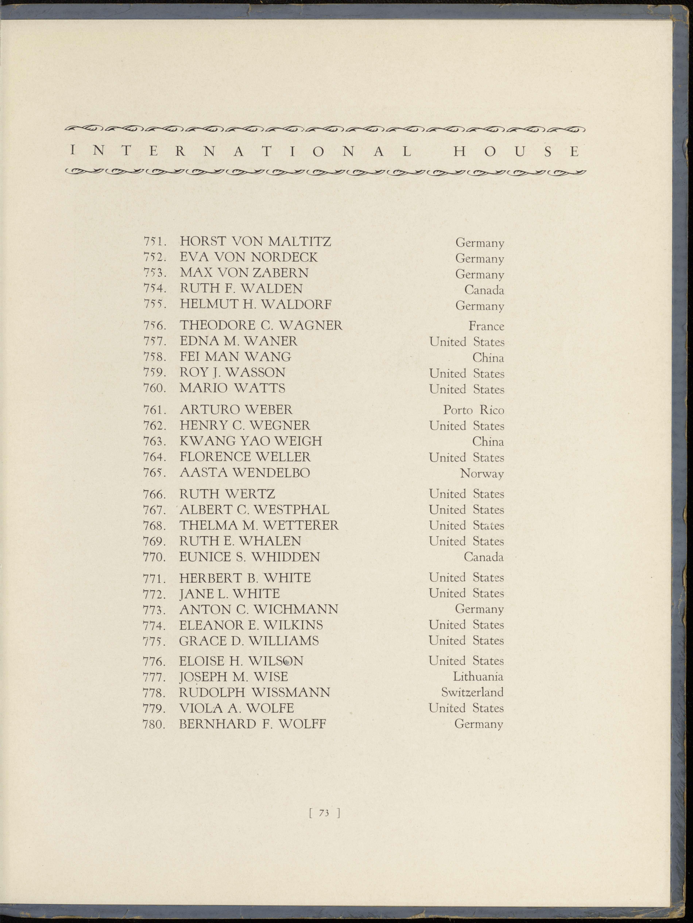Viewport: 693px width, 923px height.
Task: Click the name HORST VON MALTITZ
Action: [x=255, y=242]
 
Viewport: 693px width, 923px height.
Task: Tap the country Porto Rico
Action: [x=474, y=410]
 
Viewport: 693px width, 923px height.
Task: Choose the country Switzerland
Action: [x=472, y=692]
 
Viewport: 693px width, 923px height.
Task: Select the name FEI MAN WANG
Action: [x=235, y=357]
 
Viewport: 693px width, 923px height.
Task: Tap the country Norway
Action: [x=482, y=474]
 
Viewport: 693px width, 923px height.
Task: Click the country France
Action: [x=486, y=326]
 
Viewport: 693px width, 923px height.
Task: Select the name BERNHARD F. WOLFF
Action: [x=252, y=724]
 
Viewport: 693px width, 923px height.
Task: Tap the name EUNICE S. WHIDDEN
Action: [x=249, y=557]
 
